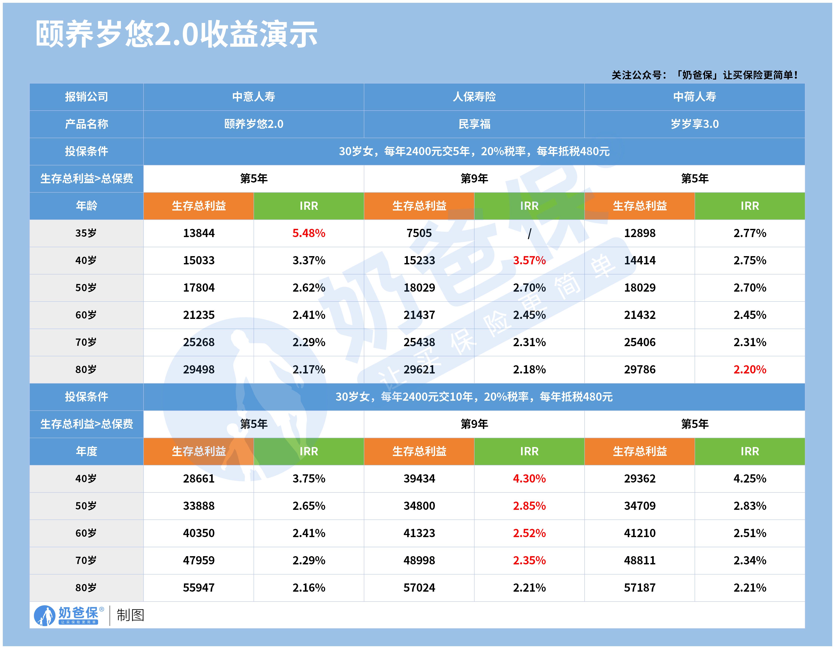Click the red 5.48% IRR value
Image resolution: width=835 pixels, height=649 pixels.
[x=309, y=233]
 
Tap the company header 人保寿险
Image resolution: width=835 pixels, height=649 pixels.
[x=474, y=97]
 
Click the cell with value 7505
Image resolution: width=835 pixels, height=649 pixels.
[x=419, y=233]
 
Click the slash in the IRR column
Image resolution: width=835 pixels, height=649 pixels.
[x=529, y=233]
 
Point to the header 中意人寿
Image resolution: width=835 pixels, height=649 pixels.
[x=253, y=97]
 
